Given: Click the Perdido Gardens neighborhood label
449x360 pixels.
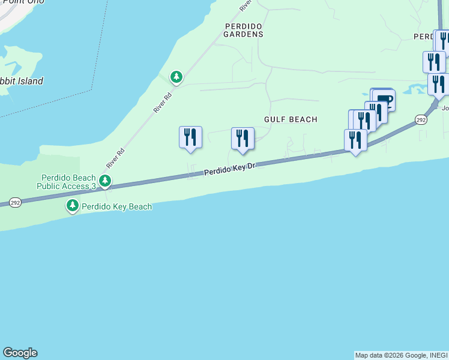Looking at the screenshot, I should (244, 30).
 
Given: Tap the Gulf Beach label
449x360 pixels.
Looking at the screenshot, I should (291, 119).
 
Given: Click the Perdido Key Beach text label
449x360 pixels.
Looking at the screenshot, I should (117, 206).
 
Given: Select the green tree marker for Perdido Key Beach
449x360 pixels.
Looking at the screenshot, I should (73, 206).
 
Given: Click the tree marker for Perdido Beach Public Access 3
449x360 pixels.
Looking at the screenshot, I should (105, 180).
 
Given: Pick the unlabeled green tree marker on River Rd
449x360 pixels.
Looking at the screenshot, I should (176, 77).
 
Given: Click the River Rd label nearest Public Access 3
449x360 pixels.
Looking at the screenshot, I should (115, 158).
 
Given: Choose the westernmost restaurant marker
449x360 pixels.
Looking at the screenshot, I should (190, 137).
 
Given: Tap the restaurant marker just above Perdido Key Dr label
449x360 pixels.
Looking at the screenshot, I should (243, 139).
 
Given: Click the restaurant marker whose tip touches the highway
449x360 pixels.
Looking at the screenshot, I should (355, 140).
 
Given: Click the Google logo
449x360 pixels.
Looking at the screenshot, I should (20, 353).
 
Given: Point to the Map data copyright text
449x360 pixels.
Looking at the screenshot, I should (401, 355).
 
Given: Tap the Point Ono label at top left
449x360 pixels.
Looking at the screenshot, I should (15, 3).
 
